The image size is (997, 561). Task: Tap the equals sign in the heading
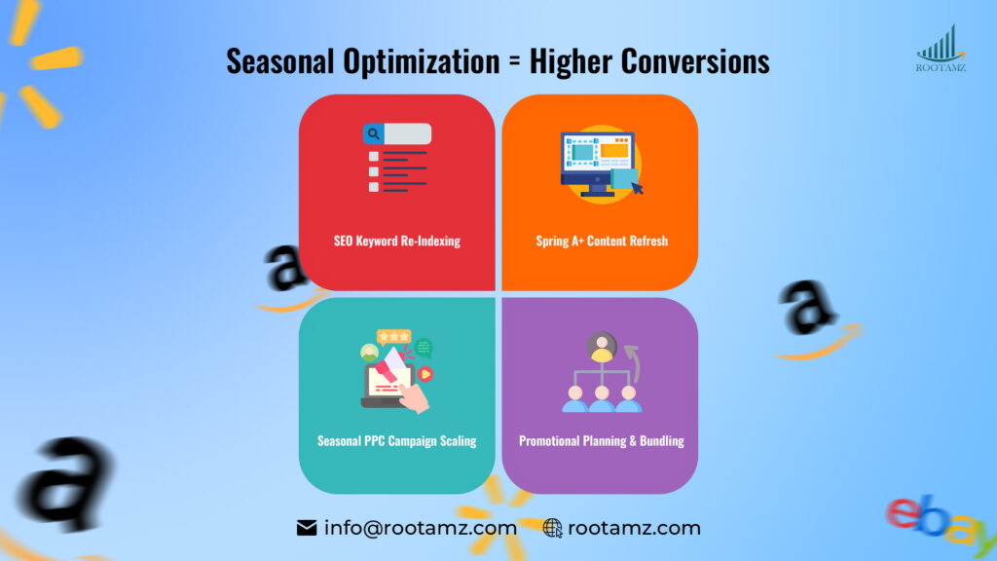point(514,62)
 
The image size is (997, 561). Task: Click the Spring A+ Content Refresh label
point(602,241)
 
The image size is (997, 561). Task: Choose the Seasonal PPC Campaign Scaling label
point(397,440)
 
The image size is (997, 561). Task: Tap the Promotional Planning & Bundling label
point(602,440)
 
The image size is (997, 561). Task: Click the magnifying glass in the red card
point(373,134)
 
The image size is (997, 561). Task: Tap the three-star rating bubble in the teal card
point(394,337)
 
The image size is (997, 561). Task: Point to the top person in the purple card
point(602,347)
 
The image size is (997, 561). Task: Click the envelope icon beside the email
point(307,528)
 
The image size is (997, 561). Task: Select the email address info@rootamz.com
point(420,528)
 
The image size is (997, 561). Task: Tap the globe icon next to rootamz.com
point(552,528)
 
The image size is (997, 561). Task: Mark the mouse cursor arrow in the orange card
point(637,186)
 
